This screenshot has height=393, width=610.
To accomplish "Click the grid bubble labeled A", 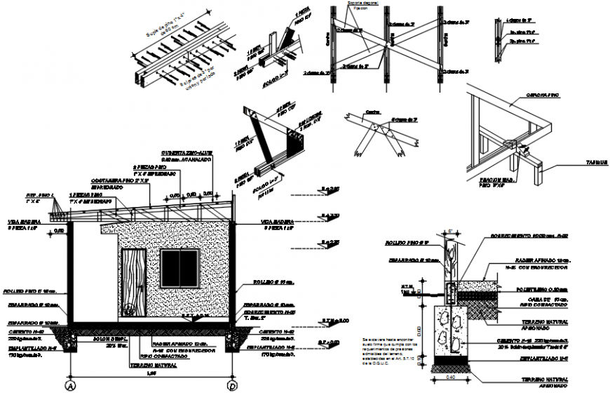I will pos(69,386).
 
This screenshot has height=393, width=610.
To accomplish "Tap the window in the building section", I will pos(179,268).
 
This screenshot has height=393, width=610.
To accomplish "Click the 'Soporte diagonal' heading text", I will pos(362,4).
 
